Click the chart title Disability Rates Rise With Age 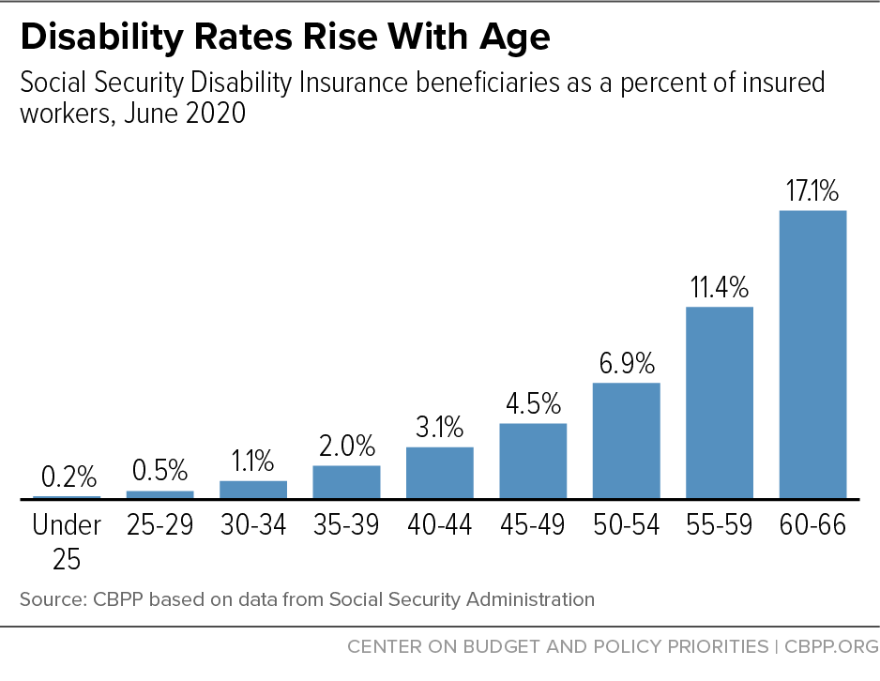click(284, 37)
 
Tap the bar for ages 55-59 click(720, 402)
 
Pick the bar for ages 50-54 click(626, 440)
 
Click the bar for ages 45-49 click(533, 461)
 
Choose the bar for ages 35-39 click(346, 481)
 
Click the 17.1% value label click(812, 192)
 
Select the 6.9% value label click(626, 364)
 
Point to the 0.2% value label click(66, 477)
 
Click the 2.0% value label click(346, 446)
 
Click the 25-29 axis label click(159, 525)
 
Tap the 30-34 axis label click(252, 525)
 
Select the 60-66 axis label click(812, 525)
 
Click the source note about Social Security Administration click(306, 598)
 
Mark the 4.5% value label click(533, 404)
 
